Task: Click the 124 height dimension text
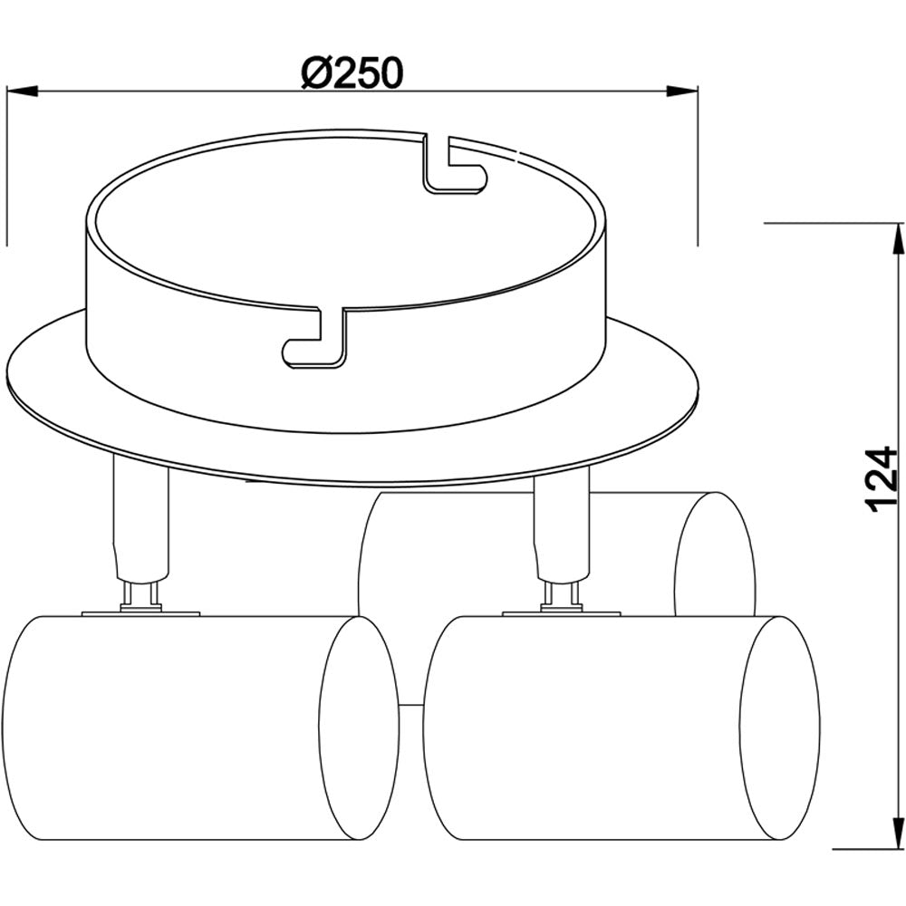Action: pos(881,480)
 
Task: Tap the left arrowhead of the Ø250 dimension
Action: pos(22,91)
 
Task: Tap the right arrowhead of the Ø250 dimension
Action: pos(683,91)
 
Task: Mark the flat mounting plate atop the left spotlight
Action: pos(140,614)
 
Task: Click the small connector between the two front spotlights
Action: pos(410,705)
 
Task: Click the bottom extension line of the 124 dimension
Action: pos(861,850)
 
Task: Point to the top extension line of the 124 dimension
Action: pos(834,222)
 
